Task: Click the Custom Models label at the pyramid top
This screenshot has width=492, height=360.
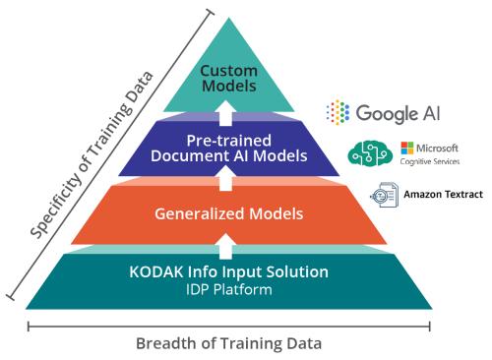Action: [x=227, y=78]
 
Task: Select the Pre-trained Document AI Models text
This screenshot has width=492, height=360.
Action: [x=227, y=147]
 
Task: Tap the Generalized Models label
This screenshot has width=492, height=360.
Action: [x=227, y=213]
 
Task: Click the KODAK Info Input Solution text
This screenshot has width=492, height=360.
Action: [x=228, y=271]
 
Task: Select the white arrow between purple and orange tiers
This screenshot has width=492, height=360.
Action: [x=227, y=178]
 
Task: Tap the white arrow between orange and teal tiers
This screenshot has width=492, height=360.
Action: [x=227, y=242]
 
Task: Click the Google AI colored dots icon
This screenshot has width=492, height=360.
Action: [x=338, y=111]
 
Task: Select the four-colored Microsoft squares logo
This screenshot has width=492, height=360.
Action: [x=406, y=148]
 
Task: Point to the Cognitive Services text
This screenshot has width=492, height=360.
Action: [x=429, y=160]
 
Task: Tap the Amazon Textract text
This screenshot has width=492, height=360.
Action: [x=443, y=195]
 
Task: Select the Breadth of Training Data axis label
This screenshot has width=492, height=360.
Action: [x=228, y=343]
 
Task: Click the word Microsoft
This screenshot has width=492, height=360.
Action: [x=437, y=148]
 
